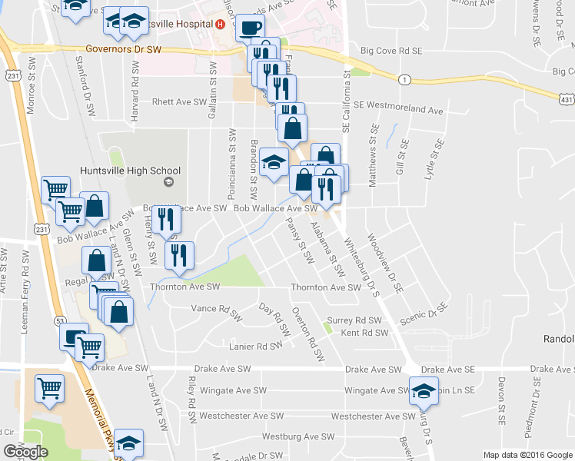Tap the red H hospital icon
click(221, 24)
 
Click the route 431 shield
click(565, 98)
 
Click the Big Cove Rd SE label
click(392, 51)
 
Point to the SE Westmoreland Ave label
click(399, 110)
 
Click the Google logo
click(25, 452)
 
